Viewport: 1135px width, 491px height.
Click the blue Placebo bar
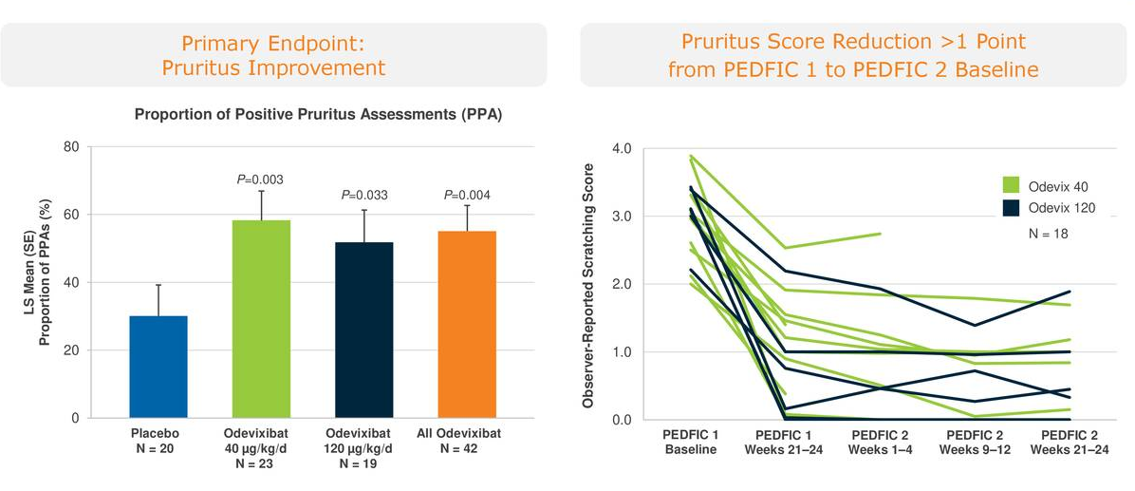point(158,368)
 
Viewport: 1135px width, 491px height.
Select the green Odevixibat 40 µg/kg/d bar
point(261,319)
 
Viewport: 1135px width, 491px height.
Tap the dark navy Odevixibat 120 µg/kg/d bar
point(364,330)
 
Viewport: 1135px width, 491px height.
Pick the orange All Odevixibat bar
point(467,325)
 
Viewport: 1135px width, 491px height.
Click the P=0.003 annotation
point(260,179)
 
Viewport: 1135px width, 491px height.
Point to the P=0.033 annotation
point(363,196)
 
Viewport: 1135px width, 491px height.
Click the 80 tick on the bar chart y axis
point(71,147)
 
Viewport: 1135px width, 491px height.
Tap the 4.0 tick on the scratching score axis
point(622,148)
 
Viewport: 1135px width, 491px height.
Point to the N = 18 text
point(1048,234)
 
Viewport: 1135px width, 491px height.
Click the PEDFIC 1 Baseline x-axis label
point(690,443)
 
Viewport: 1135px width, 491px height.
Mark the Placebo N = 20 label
point(154,441)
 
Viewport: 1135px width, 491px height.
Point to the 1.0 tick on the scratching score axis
point(622,352)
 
